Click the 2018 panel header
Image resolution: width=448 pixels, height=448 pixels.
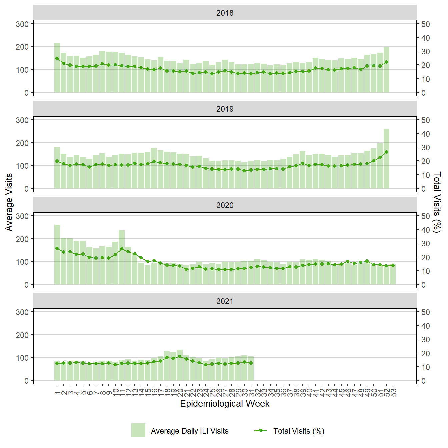click(x=225, y=13)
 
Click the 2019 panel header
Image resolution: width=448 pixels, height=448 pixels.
click(x=225, y=109)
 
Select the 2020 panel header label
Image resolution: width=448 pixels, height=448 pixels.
click(x=225, y=205)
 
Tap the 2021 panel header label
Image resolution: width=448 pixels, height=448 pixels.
click(x=225, y=301)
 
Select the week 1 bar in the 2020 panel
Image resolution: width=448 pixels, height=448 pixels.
click(x=57, y=255)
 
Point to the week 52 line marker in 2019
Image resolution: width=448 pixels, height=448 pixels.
click(x=386, y=152)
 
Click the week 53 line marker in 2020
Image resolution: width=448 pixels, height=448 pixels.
click(x=393, y=265)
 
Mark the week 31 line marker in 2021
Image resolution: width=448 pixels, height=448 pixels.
click(x=251, y=363)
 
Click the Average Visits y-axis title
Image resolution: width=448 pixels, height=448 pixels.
click(x=9, y=202)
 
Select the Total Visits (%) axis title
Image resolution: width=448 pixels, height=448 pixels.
click(x=437, y=202)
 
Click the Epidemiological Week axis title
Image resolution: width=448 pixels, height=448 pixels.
click(x=225, y=404)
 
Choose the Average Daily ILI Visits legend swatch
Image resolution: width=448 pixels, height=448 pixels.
click(x=138, y=430)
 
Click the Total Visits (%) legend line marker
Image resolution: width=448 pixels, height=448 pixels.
click(x=260, y=430)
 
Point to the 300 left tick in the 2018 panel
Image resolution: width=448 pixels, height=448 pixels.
click(x=22, y=24)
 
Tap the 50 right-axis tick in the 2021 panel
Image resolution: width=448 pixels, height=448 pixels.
click(x=425, y=312)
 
